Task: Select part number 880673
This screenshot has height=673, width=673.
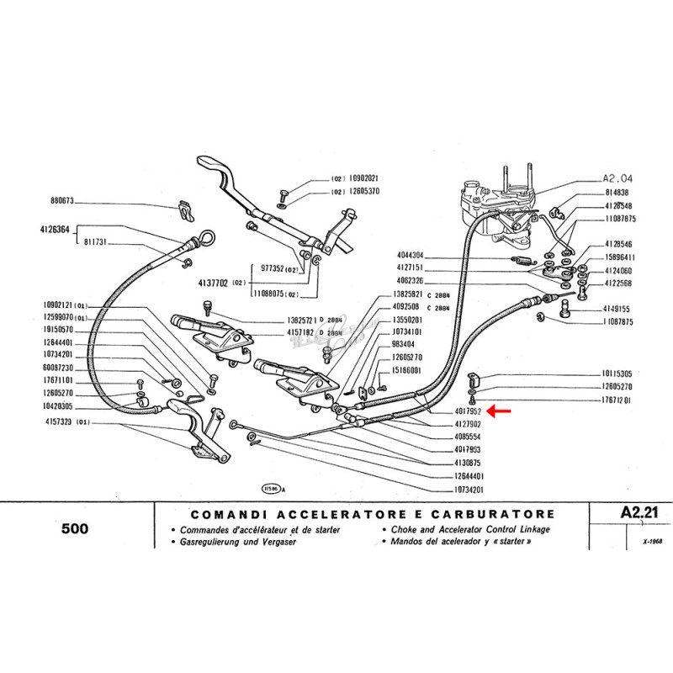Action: (62, 201)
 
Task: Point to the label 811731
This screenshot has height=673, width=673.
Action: (98, 241)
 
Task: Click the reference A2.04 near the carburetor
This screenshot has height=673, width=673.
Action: (618, 178)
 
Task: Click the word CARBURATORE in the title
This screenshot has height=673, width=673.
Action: (492, 514)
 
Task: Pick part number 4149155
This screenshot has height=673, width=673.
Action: (618, 309)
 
